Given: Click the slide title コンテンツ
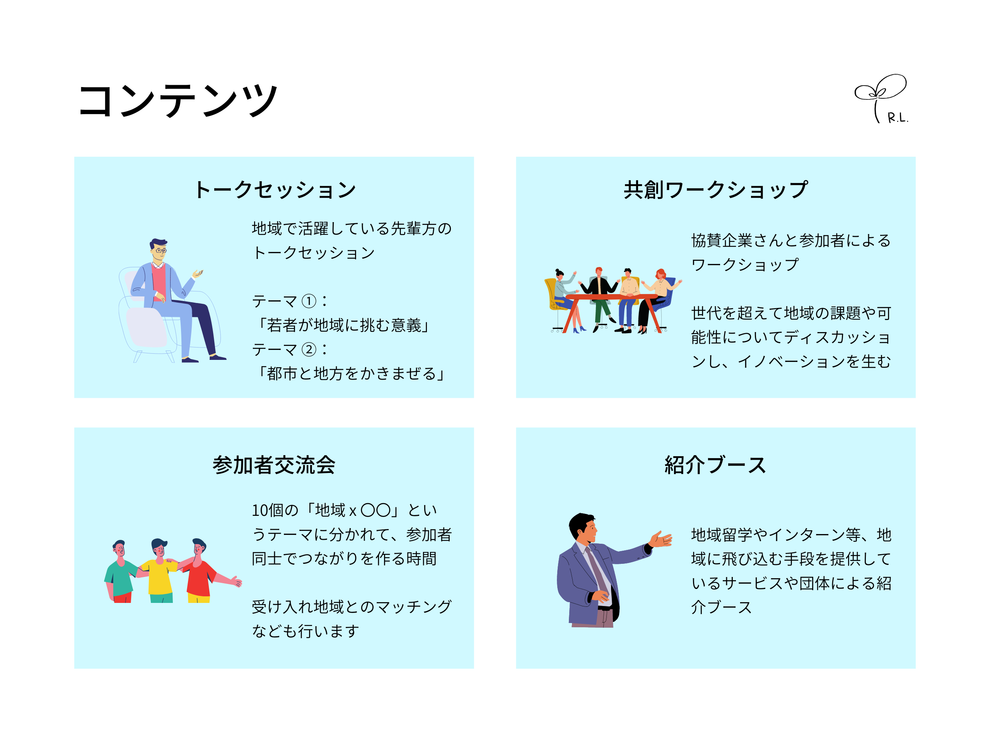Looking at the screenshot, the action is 178,101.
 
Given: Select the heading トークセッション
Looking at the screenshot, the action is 274,190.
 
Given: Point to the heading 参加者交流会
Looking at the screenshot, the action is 274,465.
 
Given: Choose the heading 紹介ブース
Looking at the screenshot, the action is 715,465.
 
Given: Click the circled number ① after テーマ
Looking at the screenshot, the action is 309,301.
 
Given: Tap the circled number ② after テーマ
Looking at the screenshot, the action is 309,349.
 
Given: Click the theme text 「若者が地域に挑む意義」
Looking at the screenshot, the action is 344,325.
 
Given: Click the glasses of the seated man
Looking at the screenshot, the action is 161,251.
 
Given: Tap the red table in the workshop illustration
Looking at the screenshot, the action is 611,297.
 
